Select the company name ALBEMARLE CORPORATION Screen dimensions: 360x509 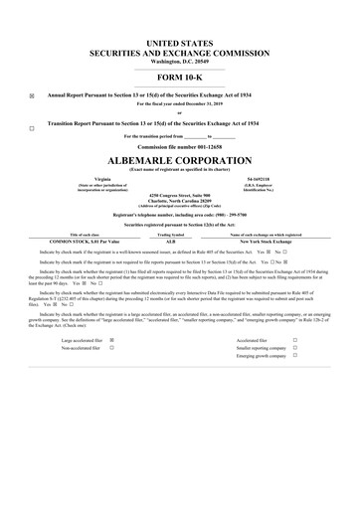(180, 159)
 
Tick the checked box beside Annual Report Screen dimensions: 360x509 (32, 96)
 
